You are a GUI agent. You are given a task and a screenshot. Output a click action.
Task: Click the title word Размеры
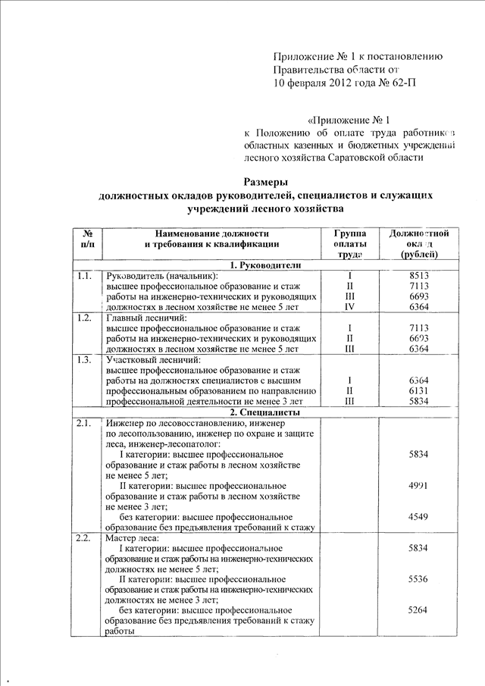click(266, 180)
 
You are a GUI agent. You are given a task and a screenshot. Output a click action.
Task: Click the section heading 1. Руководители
click(266, 265)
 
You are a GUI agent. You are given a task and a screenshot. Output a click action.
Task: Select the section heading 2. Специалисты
click(266, 412)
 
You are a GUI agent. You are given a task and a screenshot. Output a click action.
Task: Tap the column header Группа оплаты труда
click(350, 244)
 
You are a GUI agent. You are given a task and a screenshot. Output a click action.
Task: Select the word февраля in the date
click(310, 83)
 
